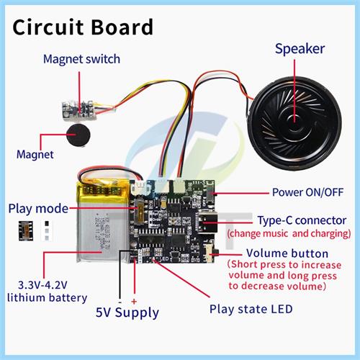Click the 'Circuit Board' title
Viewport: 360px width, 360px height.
[83, 27]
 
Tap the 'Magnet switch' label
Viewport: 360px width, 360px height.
[81, 59]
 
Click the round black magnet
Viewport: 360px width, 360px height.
[78, 135]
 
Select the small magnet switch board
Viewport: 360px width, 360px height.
[78, 109]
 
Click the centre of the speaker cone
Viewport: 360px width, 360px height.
[294, 123]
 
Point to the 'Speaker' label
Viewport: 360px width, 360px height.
[300, 49]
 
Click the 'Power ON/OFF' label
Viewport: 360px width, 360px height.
[307, 192]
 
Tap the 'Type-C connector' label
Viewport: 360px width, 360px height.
[302, 220]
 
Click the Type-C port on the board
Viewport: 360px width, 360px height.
[208, 222]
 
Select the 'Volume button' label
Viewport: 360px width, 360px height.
[287, 253]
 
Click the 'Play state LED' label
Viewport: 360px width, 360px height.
[251, 309]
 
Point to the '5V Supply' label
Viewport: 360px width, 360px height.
[127, 312]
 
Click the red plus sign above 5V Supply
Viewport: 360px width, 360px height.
[134, 302]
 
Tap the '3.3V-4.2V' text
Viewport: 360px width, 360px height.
[42, 285]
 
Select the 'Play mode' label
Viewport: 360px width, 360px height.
[38, 209]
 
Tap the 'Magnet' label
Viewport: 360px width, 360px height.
[35, 154]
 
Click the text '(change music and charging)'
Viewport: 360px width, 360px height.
[289, 233]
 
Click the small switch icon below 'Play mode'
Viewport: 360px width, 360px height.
[26, 231]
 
